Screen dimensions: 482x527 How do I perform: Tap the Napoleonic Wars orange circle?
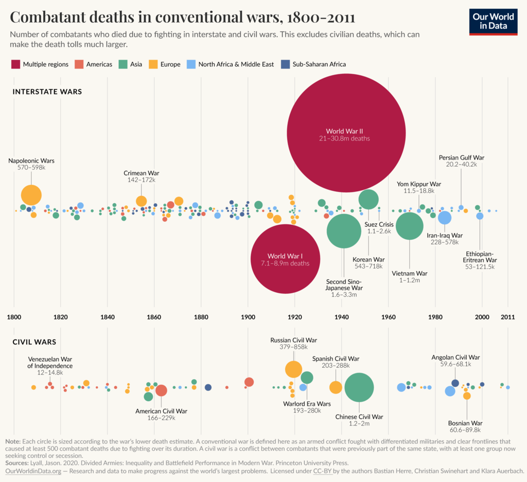click(x=31, y=195)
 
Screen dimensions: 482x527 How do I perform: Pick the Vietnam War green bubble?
click(x=409, y=226)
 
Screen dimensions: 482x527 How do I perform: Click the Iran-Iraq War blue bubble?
click(x=445, y=218)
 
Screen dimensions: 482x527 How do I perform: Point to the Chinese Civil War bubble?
click(x=359, y=387)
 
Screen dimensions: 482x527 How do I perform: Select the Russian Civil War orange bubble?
click(x=293, y=369)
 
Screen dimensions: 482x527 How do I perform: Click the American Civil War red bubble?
click(x=161, y=390)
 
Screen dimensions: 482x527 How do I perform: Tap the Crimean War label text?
click(x=142, y=173)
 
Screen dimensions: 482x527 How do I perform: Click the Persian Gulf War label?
click(x=461, y=157)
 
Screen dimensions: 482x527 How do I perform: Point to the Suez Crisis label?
click(x=378, y=224)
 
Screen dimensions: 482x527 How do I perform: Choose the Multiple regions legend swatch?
click(x=15, y=64)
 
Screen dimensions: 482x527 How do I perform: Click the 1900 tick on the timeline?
click(x=248, y=316)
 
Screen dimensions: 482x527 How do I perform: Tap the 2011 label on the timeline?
click(x=507, y=316)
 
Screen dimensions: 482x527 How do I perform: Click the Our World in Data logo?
click(x=493, y=21)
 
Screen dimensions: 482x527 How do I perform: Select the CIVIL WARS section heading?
click(x=34, y=342)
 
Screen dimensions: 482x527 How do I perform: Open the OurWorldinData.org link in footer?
click(x=33, y=471)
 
